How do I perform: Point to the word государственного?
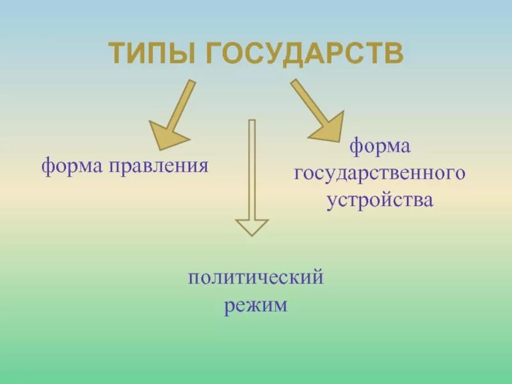pyautogui.click(x=379, y=174)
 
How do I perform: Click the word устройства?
pyautogui.click(x=380, y=200)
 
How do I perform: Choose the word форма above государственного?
pyautogui.click(x=380, y=147)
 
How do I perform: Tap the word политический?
pyautogui.click(x=255, y=279)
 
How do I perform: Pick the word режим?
pyautogui.click(x=255, y=305)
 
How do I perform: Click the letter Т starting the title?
pyautogui.click(x=117, y=54)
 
